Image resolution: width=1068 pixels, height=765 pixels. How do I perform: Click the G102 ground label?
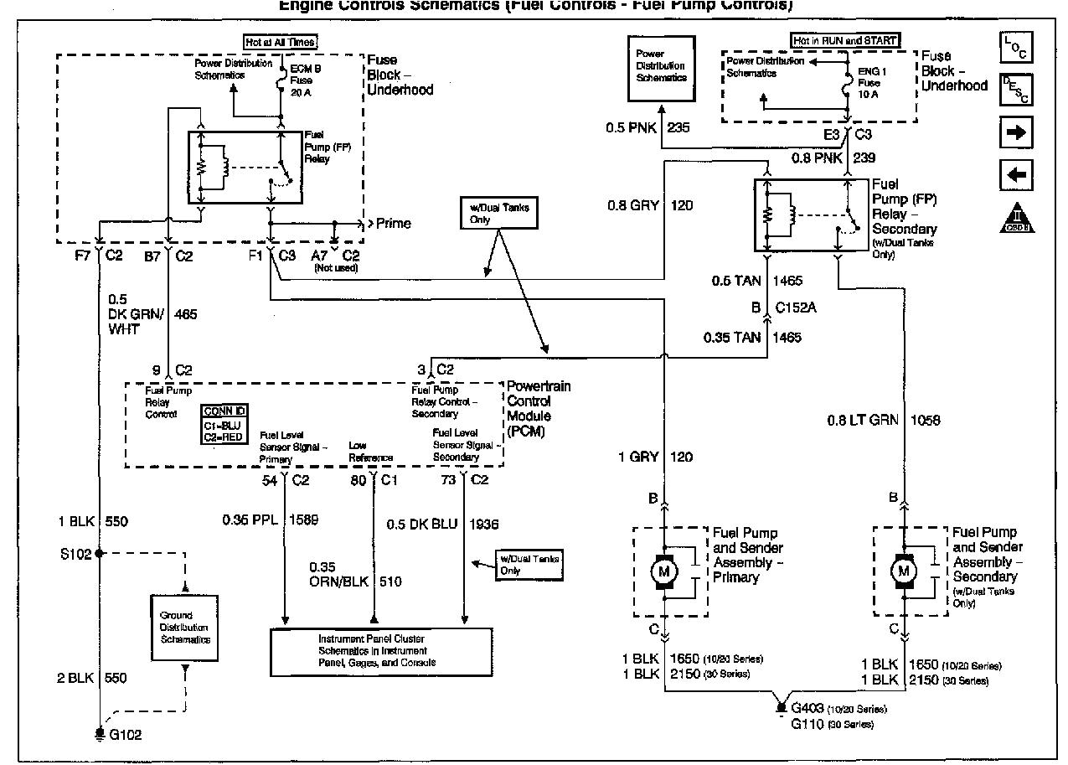tap(126, 735)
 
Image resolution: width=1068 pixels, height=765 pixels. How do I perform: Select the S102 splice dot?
tap(100, 553)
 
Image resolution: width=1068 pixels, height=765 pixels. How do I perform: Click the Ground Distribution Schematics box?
tap(185, 628)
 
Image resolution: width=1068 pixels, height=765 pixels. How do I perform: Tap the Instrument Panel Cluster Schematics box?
tap(381, 650)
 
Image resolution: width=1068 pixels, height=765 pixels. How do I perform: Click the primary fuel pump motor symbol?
tap(663, 571)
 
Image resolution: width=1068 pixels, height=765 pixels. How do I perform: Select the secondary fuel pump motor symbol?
tap(903, 571)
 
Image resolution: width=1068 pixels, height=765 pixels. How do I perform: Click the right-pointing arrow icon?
tap(1015, 132)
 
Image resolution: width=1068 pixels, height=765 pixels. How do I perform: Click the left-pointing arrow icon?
tap(1015, 176)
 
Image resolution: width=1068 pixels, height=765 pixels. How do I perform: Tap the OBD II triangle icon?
tap(1015, 219)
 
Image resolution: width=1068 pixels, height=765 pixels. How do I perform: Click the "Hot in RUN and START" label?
tap(845, 40)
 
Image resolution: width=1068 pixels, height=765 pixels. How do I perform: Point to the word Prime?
tap(393, 224)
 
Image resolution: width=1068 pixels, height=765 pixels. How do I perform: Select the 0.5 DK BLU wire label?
tap(422, 524)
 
